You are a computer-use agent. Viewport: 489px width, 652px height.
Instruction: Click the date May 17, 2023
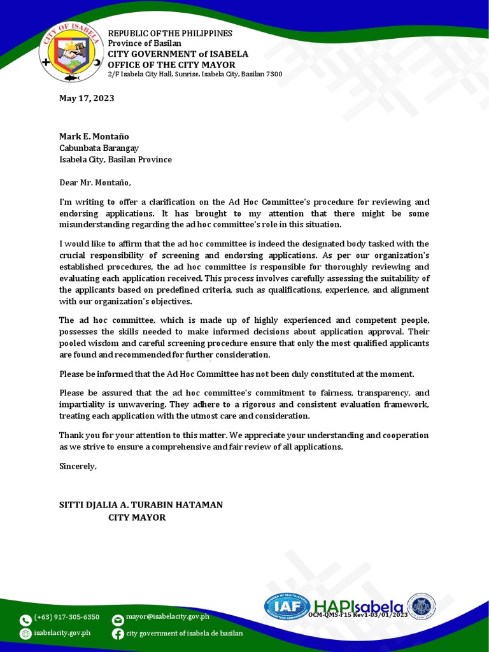87,98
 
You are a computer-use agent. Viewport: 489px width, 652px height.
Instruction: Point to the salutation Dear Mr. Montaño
95,183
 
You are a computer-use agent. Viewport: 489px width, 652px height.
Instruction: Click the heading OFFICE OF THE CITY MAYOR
171,65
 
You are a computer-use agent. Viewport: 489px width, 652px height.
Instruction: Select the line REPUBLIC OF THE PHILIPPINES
170,33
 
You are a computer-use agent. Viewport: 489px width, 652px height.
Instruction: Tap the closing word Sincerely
78,466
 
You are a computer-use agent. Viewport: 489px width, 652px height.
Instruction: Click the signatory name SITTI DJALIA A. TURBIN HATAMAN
141,504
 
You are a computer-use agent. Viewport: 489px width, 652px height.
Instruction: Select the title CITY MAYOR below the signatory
137,518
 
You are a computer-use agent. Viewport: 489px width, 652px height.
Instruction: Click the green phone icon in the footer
25,620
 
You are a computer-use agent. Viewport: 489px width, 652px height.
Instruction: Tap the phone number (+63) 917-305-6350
67,617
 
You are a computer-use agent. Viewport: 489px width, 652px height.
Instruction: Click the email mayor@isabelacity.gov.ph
167,616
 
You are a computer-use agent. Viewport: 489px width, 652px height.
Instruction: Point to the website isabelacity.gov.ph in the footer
62,632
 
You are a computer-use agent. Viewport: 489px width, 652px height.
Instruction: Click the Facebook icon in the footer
118,634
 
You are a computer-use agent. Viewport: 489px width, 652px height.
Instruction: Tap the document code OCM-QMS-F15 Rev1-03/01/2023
358,615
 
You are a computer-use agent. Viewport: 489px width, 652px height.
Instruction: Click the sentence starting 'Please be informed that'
236,374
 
